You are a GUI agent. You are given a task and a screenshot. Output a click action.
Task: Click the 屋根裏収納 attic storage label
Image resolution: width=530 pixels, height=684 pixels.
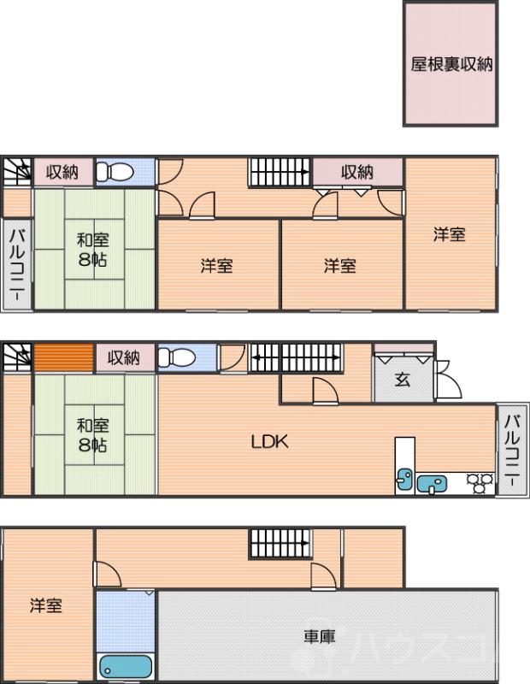pos(450,65)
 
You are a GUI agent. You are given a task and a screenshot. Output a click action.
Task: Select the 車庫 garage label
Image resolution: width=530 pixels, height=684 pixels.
pos(319,636)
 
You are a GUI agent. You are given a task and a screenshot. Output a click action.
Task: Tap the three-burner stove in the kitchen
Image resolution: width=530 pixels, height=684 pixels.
pos(480,484)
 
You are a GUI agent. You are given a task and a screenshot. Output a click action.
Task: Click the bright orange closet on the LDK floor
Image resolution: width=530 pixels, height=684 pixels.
pos(63,357)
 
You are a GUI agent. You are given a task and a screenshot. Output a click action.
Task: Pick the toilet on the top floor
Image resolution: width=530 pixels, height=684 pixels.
pos(115,173)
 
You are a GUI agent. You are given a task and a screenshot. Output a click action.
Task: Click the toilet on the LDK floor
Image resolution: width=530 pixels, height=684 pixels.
pos(178,357)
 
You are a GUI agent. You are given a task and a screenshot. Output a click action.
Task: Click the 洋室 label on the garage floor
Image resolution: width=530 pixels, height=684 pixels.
pos(46,606)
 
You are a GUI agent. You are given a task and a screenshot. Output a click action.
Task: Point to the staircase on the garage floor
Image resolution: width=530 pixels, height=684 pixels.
pos(279,544)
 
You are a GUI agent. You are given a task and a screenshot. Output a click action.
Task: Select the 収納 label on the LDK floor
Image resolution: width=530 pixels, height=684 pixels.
pos(124,357)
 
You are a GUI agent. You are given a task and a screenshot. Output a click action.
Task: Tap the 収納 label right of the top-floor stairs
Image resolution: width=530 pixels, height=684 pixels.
pos(357,172)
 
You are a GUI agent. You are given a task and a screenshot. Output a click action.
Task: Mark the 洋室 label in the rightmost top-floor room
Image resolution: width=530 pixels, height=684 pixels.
pos(449,235)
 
